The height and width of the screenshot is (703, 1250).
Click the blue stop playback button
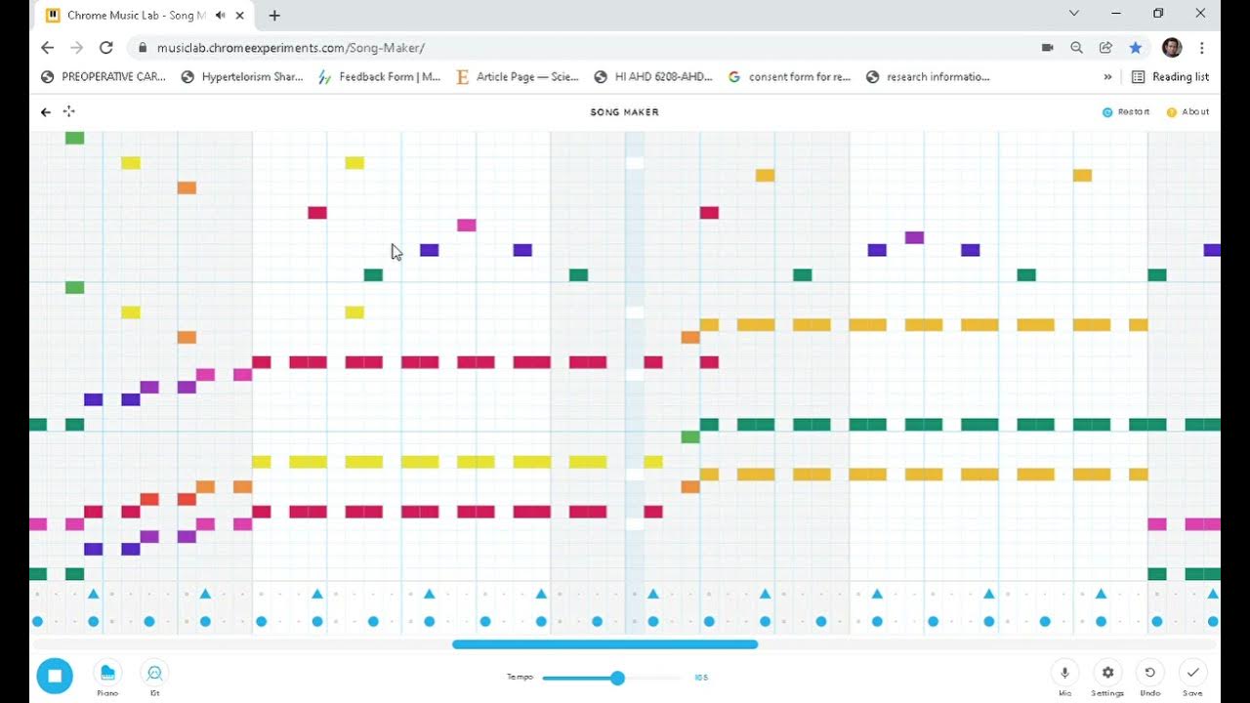[x=55, y=676]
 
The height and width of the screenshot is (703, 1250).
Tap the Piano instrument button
[x=107, y=673]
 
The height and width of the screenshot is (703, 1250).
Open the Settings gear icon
[x=1107, y=673]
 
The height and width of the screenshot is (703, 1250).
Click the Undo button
[x=1150, y=673]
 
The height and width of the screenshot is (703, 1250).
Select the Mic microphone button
[x=1064, y=673]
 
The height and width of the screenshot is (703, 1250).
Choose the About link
[x=1188, y=112]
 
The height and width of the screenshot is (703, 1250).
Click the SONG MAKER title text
[x=624, y=112]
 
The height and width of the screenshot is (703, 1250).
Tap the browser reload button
[x=106, y=47]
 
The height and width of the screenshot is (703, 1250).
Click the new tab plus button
[x=274, y=16]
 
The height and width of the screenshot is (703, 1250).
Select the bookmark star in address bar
[x=1135, y=47]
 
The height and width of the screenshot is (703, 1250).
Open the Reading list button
[x=1170, y=76]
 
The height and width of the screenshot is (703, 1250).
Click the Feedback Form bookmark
[x=380, y=76]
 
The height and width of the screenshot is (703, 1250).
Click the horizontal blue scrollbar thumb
[x=604, y=644]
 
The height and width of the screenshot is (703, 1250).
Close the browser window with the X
[x=1200, y=14]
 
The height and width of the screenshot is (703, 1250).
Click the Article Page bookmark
[x=518, y=76]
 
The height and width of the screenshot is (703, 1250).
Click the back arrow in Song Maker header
[x=45, y=112]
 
